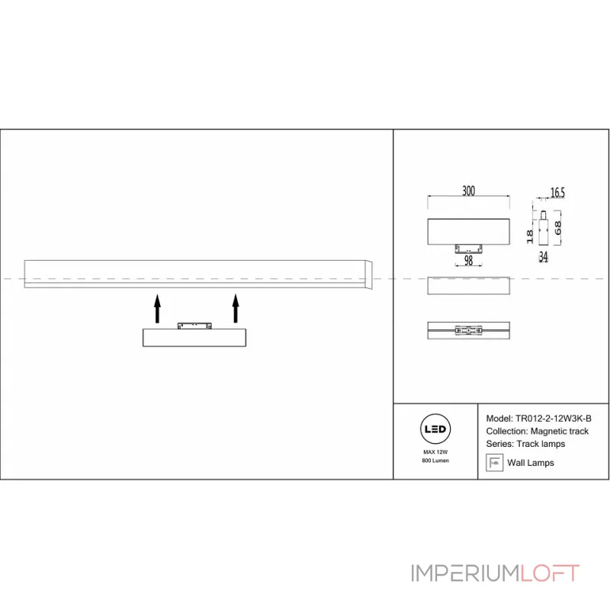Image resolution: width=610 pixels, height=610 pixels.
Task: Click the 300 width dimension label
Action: click(468, 191)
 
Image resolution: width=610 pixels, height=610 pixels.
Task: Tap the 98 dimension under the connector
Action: click(468, 260)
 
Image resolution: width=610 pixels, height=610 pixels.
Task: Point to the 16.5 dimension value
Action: click(557, 193)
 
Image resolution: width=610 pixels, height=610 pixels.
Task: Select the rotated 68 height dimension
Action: click(557, 228)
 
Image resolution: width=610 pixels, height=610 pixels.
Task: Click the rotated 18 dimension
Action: click(529, 236)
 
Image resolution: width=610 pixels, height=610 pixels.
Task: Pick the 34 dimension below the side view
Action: click(543, 257)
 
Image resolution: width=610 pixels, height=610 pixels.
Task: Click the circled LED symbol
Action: click(435, 429)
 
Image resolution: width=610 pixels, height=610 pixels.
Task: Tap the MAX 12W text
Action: click(435, 452)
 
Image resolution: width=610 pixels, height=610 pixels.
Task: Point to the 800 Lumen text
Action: click(435, 461)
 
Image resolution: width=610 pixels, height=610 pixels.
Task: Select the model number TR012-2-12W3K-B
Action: click(554, 419)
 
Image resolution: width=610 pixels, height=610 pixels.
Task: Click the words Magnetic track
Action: click(559, 431)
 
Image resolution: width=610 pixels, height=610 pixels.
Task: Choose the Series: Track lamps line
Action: click(525, 444)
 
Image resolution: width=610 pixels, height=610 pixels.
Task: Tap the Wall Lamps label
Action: click(530, 463)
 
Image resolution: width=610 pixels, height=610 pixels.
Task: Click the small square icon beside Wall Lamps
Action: click(494, 463)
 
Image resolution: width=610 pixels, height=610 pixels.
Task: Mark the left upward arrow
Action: click(157, 309)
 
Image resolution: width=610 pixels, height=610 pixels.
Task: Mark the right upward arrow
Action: click(236, 309)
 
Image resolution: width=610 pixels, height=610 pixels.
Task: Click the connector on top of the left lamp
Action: click(194, 326)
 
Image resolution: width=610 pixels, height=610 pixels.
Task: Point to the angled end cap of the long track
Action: click(369, 274)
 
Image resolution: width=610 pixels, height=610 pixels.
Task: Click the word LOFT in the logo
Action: click(550, 573)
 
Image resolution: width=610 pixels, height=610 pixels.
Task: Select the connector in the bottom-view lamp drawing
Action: click(468, 331)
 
